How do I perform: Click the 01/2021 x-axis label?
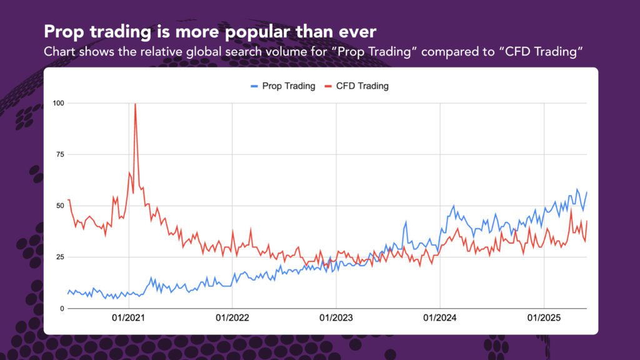point(129,317)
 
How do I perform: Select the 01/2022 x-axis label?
point(232,317)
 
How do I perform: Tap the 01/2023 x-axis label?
point(336,317)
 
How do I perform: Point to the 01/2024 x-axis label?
point(440,317)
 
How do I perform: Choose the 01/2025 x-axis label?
point(544,317)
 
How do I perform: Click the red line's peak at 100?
point(135,104)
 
